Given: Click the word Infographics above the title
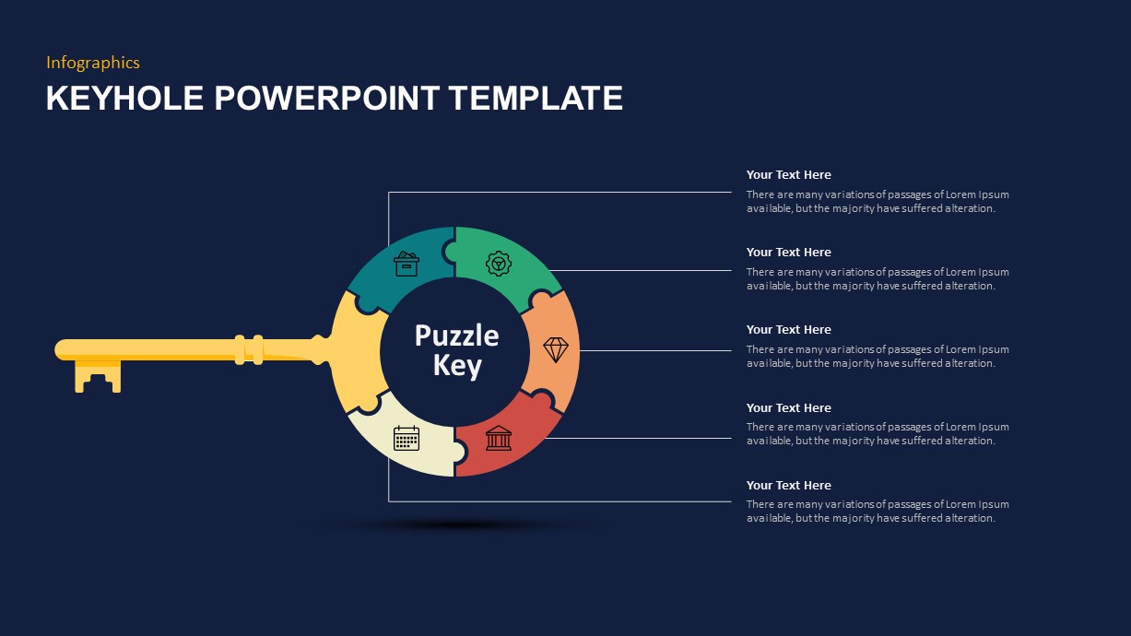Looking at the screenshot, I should point(93,63).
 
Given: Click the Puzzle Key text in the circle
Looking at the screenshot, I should point(456,350).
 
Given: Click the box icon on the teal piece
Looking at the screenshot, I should point(406,265).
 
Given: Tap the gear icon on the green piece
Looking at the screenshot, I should point(499,265).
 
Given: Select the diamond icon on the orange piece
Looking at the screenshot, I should point(556,349).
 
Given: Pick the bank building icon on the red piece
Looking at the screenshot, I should point(499,438).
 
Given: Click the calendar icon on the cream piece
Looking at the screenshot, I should point(406,438).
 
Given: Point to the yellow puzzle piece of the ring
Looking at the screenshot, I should point(355,350).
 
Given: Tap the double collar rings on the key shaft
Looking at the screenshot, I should point(249,349).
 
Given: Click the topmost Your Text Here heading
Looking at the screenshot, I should point(788,175).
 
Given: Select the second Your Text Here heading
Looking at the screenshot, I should point(788,253).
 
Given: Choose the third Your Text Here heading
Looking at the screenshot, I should point(788,330).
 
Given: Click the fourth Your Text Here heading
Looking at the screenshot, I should point(788,408).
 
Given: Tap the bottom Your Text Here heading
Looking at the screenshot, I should point(788,486).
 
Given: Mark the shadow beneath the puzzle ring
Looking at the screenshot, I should point(456,525).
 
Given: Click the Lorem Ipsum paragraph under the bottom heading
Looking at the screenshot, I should point(877,512).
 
